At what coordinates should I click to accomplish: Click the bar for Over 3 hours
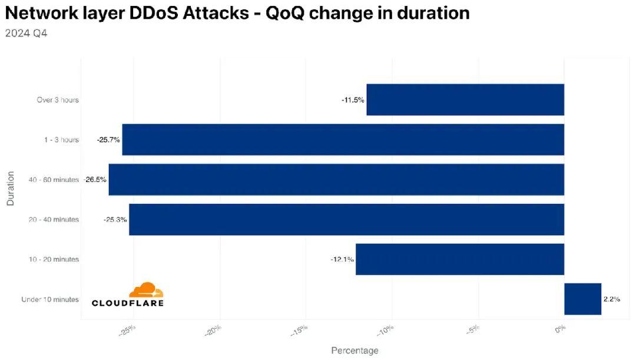[465, 100]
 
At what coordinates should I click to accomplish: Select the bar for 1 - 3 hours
[343, 140]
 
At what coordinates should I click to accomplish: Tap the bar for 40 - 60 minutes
[336, 179]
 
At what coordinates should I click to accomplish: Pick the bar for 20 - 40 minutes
[346, 219]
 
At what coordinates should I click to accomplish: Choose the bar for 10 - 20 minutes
[460, 259]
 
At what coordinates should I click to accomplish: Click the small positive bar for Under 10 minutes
[582, 299]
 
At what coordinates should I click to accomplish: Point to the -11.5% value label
[353, 100]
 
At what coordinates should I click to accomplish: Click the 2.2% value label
[612, 299]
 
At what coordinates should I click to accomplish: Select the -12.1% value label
[342, 259]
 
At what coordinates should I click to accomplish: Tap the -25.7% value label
[108, 140]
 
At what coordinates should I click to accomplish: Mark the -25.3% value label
[115, 220]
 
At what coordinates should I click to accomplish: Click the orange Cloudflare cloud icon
[146, 290]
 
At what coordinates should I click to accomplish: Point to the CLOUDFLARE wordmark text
[128, 303]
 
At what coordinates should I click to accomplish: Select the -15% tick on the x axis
[300, 331]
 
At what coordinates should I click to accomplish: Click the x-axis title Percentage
[355, 351]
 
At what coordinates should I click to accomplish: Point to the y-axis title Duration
[10, 188]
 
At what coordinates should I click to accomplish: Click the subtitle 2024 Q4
[26, 33]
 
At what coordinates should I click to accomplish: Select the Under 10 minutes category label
[50, 299]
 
